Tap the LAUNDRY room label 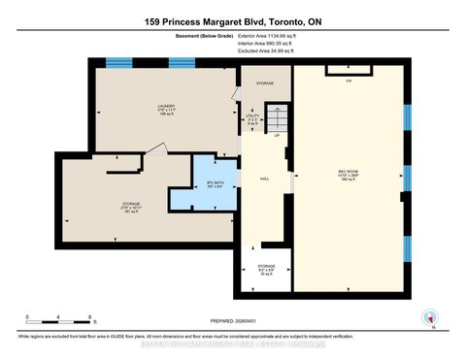pyautogui.click(x=163, y=107)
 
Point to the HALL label pyautogui.click(x=263, y=180)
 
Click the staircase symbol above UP pyautogui.click(x=278, y=118)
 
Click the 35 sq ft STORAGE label pyautogui.click(x=266, y=268)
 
